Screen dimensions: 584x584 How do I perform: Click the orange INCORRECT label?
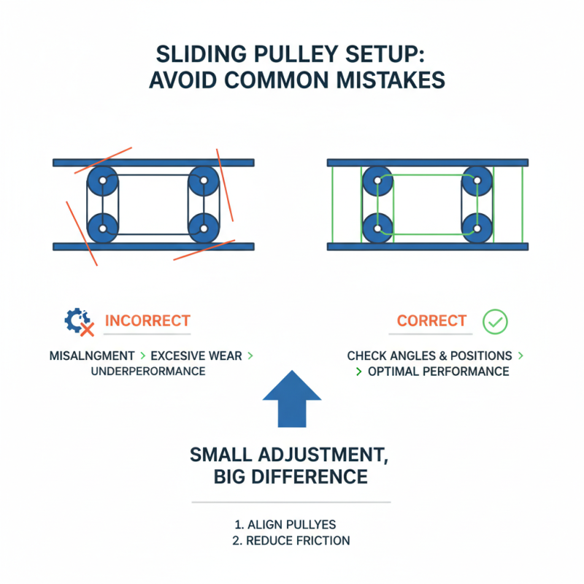click(147, 320)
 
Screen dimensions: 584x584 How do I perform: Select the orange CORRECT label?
click(431, 320)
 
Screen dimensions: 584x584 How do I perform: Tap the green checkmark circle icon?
click(496, 320)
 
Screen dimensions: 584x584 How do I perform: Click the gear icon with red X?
click(80, 321)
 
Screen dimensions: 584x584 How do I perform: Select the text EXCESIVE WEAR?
click(196, 356)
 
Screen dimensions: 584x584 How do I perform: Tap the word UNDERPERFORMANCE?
click(148, 371)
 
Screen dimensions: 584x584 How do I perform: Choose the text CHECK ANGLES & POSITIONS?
click(429, 356)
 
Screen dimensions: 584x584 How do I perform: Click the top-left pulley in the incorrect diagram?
click(102, 181)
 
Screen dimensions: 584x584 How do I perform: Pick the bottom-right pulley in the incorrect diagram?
click(203, 228)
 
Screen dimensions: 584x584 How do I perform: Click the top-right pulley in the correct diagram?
click(476, 180)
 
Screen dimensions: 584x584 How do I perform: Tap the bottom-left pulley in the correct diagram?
click(377, 228)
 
